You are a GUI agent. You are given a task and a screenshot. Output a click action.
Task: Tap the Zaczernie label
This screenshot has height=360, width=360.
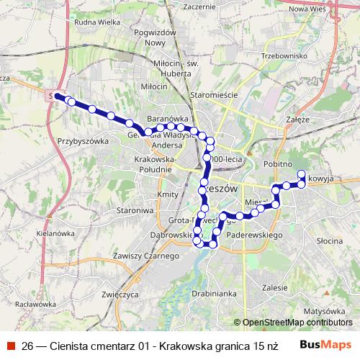199,6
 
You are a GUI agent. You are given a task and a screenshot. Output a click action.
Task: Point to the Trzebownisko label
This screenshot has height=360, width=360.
285,55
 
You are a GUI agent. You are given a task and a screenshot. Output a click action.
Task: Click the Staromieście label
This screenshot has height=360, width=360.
209,94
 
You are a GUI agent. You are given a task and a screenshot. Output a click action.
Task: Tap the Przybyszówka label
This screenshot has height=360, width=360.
83,141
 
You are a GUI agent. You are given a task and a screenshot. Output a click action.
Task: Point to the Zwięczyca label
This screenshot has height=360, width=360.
120,294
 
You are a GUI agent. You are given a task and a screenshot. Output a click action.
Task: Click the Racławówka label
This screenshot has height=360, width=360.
34,304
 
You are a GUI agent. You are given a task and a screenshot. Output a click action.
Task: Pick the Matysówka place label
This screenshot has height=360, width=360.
321,311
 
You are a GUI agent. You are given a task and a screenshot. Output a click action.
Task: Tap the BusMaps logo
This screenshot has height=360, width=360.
325,345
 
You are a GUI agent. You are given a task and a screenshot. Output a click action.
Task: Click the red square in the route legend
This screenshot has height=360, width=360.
11,346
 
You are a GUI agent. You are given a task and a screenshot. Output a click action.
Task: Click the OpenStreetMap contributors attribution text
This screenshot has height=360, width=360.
297,323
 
